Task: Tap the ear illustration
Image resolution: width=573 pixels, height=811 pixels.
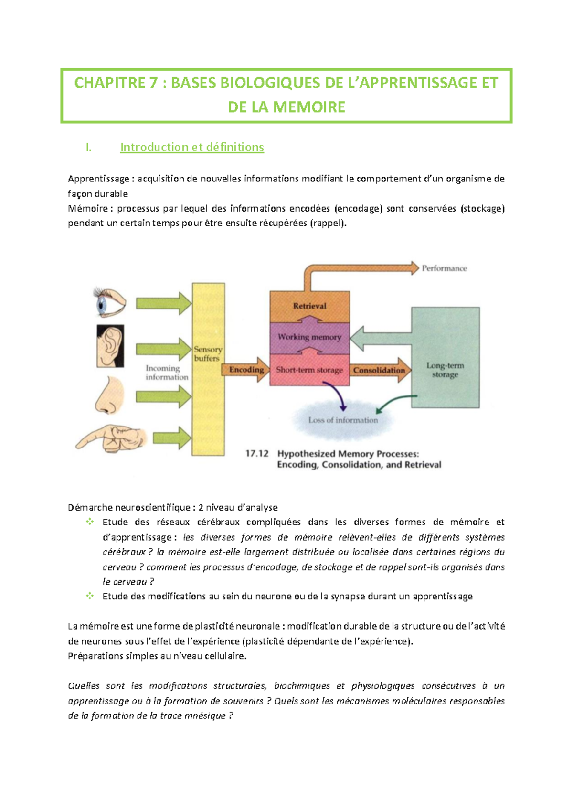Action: pyautogui.click(x=110, y=346)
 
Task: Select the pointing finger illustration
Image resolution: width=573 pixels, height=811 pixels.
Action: pyautogui.click(x=111, y=438)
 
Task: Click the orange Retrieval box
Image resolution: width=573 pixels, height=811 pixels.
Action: pyautogui.click(x=309, y=306)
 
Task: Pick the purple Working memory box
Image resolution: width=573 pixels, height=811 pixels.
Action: pyautogui.click(x=309, y=337)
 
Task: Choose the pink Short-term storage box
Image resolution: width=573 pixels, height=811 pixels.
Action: pyautogui.click(x=309, y=370)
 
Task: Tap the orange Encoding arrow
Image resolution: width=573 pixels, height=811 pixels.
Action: pyautogui.click(x=246, y=370)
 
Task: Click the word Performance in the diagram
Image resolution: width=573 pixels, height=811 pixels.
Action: pyautogui.click(x=444, y=268)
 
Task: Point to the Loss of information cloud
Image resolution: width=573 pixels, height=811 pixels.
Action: pyautogui.click(x=343, y=420)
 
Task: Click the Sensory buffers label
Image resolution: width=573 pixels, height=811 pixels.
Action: pyautogui.click(x=208, y=354)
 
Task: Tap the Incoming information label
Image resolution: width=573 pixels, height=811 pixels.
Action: pyautogui.click(x=167, y=373)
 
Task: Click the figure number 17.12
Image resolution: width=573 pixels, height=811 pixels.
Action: pyautogui.click(x=257, y=453)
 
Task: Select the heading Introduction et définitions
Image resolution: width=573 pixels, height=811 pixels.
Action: pyautogui.click(x=192, y=147)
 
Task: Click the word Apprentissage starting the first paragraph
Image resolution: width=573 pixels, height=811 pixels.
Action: pyautogui.click(x=98, y=179)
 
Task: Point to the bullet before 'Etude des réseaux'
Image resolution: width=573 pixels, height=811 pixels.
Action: pyautogui.click(x=90, y=522)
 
